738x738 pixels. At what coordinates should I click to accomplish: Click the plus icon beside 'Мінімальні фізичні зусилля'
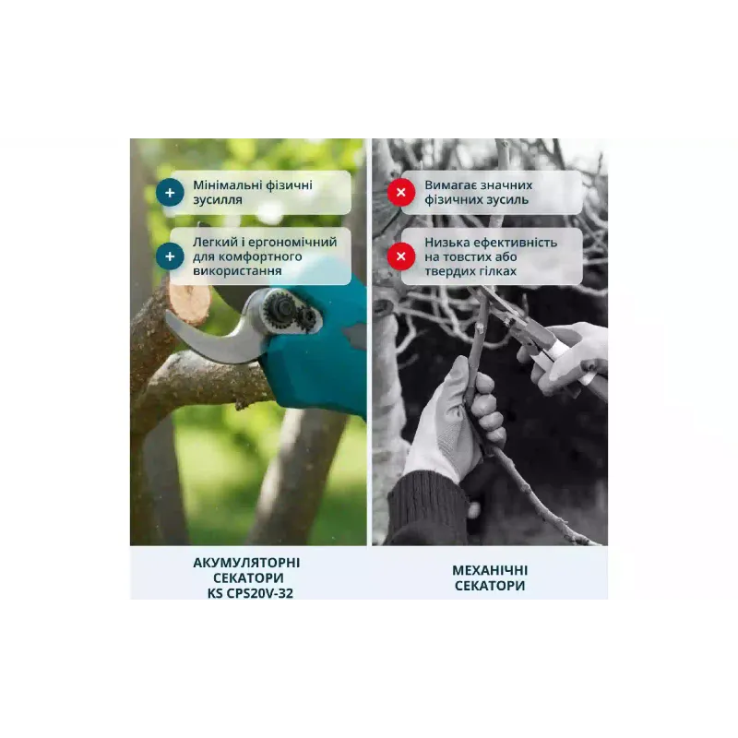(x=170, y=193)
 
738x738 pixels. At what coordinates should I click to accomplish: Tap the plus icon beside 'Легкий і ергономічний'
(x=170, y=256)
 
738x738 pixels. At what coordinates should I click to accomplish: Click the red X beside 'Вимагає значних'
(x=401, y=193)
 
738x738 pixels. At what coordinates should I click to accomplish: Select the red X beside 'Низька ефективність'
(x=401, y=256)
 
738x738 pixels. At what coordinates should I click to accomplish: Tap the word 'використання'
(x=237, y=271)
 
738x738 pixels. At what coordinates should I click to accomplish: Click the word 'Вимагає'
(x=448, y=185)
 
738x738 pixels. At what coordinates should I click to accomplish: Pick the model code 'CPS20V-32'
(x=260, y=593)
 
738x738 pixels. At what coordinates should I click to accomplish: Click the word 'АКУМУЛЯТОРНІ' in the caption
(x=246, y=563)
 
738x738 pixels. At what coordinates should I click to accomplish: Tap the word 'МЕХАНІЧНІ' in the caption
(x=490, y=570)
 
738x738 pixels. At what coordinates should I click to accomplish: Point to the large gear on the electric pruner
(x=281, y=308)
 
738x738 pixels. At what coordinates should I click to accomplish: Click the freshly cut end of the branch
(x=189, y=303)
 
